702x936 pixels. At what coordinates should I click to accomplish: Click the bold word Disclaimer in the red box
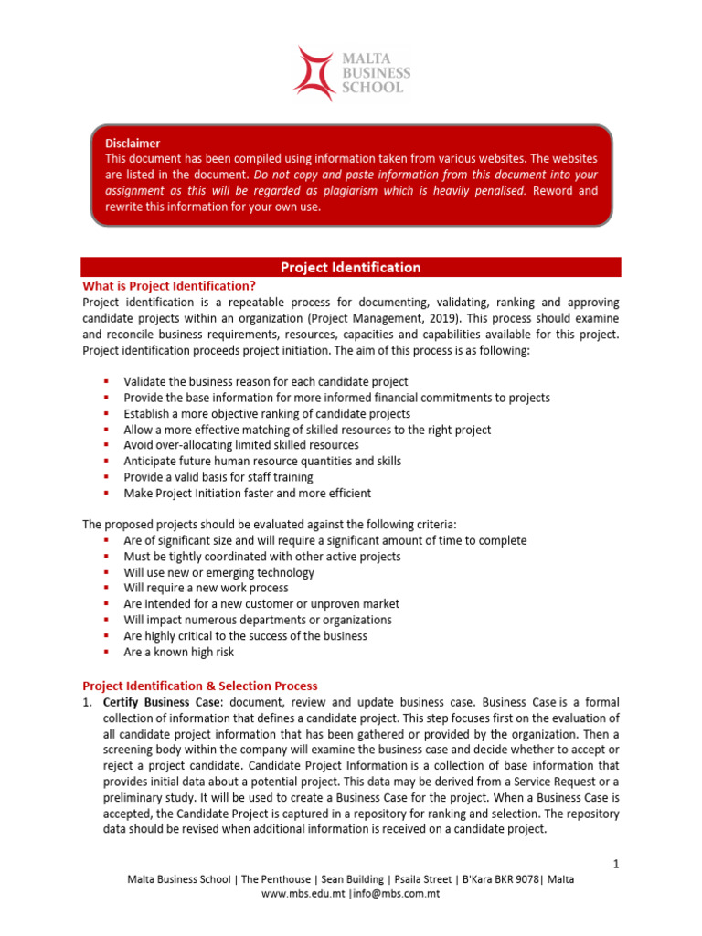click(x=133, y=144)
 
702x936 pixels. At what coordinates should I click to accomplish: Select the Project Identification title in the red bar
click(x=351, y=267)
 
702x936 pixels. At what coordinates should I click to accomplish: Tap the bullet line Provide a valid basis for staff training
click(x=218, y=477)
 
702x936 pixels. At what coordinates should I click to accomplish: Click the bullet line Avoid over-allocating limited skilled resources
click(x=241, y=445)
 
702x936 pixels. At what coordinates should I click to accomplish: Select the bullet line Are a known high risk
click(x=179, y=652)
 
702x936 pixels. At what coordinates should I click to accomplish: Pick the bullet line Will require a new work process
click(x=206, y=588)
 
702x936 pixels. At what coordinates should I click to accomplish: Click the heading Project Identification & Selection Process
click(x=200, y=686)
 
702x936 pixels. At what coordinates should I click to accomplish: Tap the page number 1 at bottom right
click(x=616, y=864)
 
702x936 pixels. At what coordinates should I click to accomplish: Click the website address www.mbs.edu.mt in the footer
click(x=303, y=893)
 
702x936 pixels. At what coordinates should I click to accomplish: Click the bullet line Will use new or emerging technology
click(x=218, y=572)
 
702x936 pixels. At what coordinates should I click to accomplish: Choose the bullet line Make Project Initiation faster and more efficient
click(x=247, y=493)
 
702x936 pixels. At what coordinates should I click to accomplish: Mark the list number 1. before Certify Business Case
click(x=88, y=701)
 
